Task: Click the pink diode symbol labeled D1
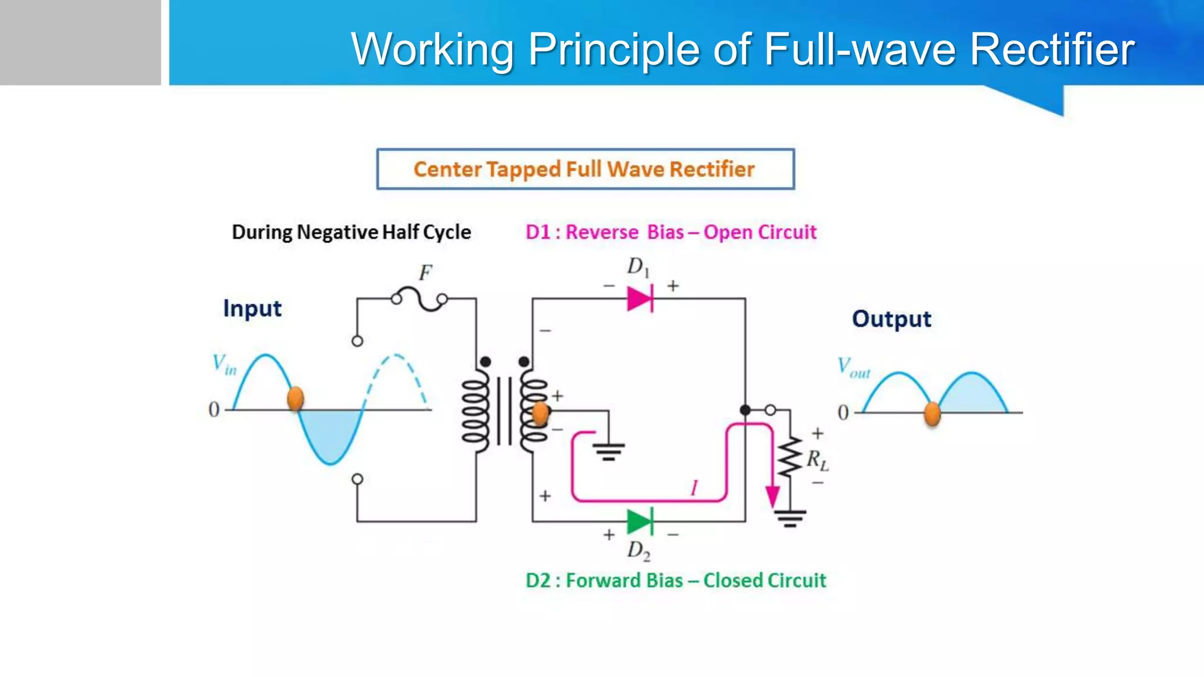click(640, 299)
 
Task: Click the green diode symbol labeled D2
click(640, 521)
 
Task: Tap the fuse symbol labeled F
click(419, 299)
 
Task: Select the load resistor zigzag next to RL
click(790, 457)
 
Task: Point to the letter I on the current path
click(694, 488)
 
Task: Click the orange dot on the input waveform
click(295, 398)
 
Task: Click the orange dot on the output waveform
click(932, 413)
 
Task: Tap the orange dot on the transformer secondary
click(540, 413)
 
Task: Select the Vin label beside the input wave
click(224, 364)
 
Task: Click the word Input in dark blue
click(252, 309)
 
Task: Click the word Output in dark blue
click(891, 319)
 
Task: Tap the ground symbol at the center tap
click(608, 451)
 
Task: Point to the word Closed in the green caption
click(733, 581)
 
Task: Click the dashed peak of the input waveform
click(397, 356)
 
